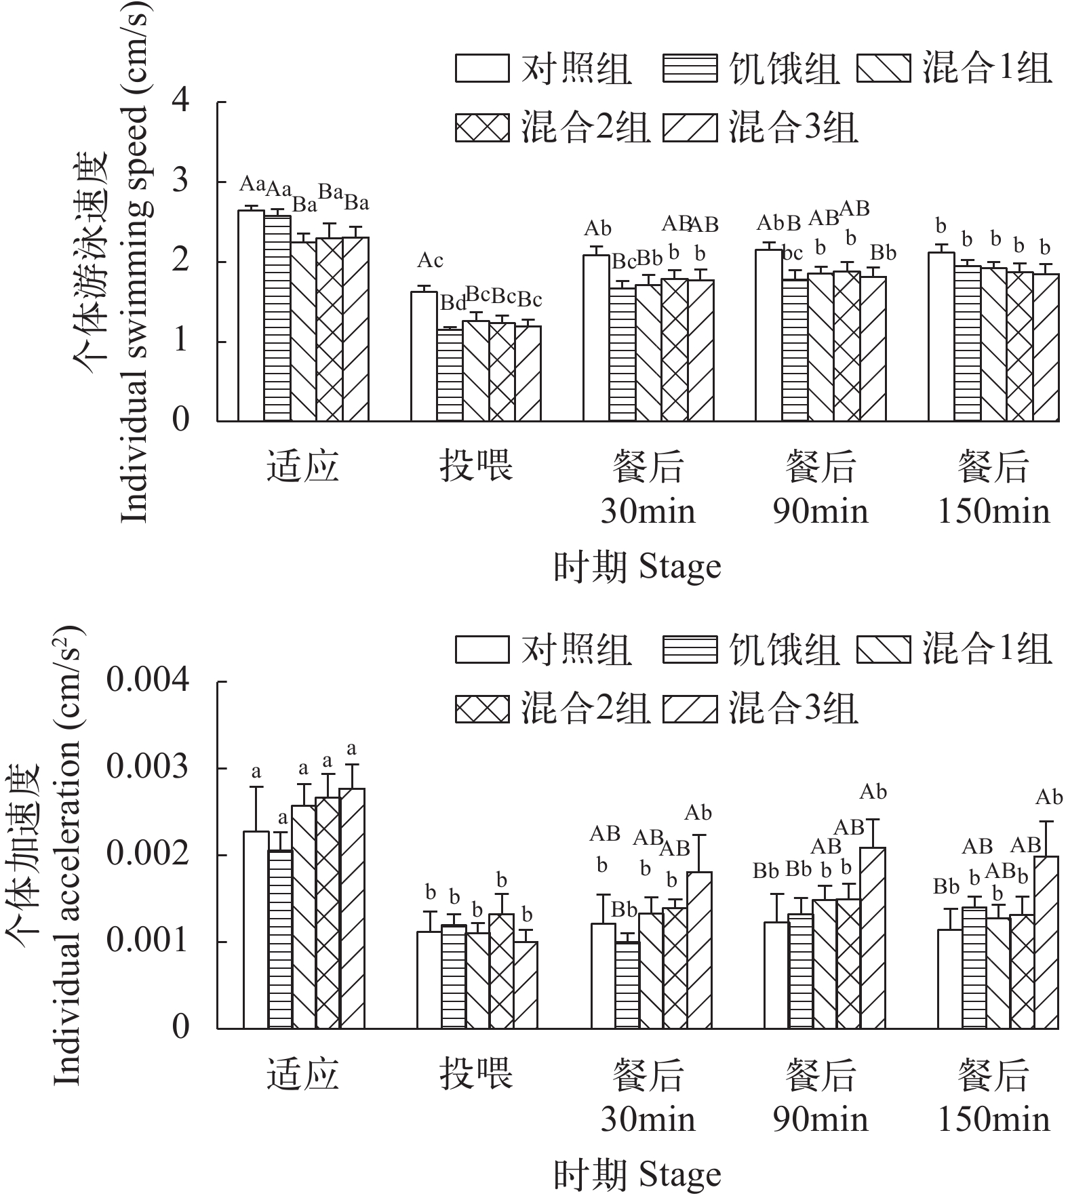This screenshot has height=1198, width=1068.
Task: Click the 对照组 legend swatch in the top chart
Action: click(x=481, y=68)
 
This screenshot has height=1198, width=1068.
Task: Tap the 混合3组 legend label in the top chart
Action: click(x=793, y=127)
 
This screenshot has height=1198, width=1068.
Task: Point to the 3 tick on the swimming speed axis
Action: click(x=180, y=182)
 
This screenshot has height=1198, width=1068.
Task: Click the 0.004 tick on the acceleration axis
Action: click(x=147, y=681)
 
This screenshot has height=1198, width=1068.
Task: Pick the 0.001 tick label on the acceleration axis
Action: click(x=147, y=941)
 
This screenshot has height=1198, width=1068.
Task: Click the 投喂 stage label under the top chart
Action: click(x=476, y=467)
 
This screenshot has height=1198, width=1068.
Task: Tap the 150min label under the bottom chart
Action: click(x=993, y=1119)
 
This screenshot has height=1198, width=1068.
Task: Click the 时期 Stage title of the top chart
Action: click(x=637, y=567)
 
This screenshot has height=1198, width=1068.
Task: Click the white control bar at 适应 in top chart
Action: click(x=251, y=315)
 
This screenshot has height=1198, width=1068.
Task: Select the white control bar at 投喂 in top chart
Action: click(x=424, y=356)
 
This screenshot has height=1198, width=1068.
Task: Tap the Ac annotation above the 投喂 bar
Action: click(x=430, y=260)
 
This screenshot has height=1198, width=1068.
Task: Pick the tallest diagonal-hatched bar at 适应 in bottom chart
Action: click(x=352, y=909)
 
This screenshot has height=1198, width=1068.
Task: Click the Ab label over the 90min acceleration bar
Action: click(x=873, y=791)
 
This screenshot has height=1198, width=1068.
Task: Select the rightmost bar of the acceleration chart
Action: click(x=1046, y=942)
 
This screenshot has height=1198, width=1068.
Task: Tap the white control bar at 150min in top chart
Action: click(x=941, y=336)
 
